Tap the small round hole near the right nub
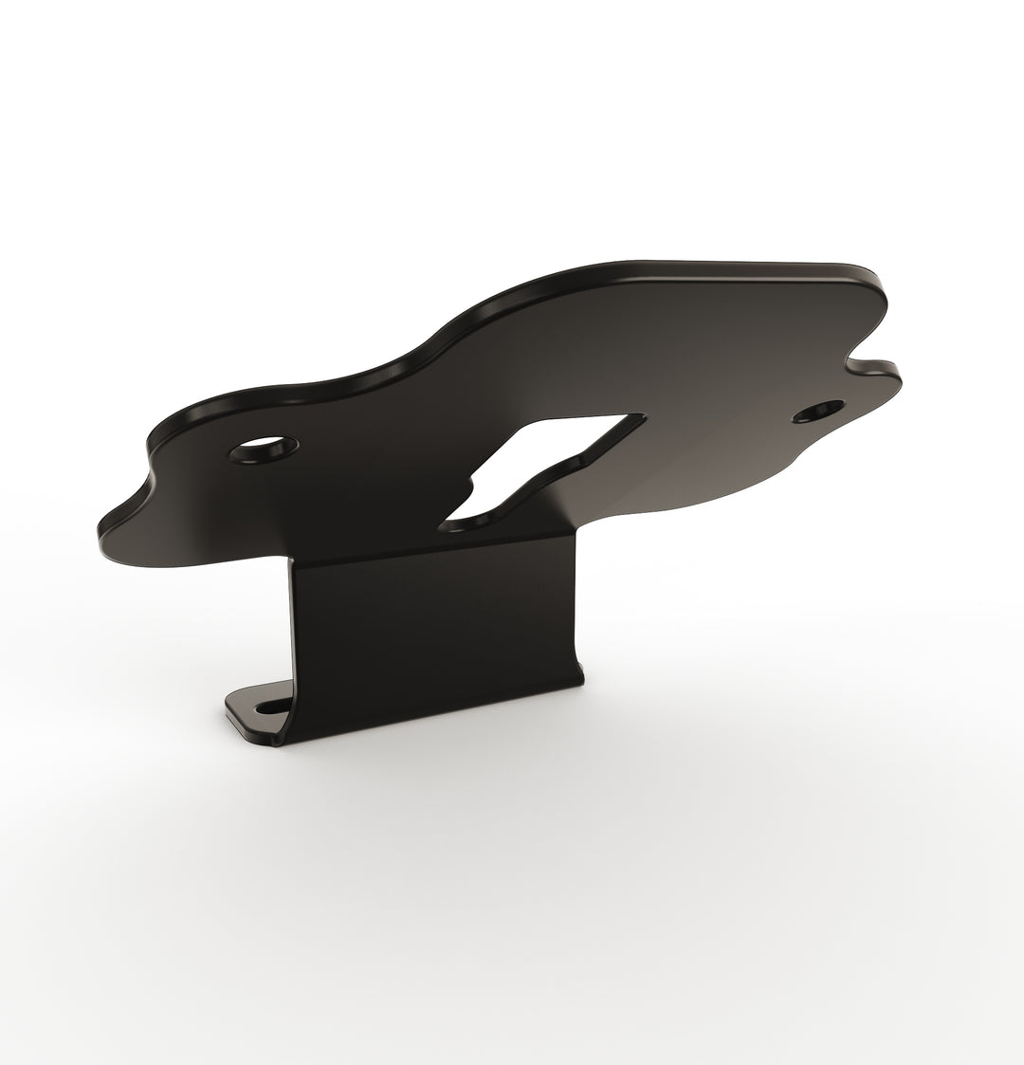818,411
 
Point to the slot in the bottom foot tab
274,707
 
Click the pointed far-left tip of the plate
102,523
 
